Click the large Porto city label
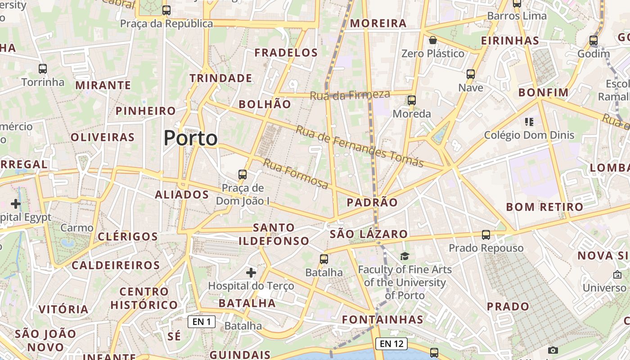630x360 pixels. pos(190,138)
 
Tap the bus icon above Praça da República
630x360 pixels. pos(166,10)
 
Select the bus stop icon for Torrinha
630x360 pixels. pos(43,69)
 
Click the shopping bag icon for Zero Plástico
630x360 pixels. pos(432,40)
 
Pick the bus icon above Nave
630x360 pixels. pos(471,74)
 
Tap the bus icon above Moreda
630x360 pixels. pos(411,100)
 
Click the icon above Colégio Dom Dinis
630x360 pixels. pos(529,121)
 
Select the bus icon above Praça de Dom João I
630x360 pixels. pos(243,175)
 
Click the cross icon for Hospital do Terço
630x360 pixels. pos(251,272)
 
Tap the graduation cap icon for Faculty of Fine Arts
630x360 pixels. pos(405,256)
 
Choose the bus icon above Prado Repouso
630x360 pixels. pos(486,235)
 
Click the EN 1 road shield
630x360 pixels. pos(202,321)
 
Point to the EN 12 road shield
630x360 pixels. pos(391,344)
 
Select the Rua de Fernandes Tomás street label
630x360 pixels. pos(360,146)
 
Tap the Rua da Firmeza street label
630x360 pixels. pos(350,95)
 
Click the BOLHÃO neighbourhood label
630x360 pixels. pos(265,104)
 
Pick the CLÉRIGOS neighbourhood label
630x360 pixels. pos(128,237)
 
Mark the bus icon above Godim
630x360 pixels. pos(593,40)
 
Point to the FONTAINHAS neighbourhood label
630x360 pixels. pos(382,319)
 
